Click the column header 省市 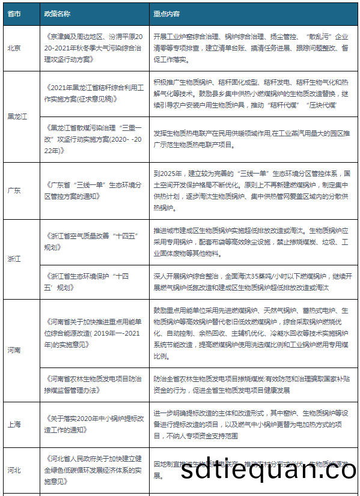[x=14, y=13]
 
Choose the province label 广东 [x=14, y=190]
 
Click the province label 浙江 [x=14, y=259]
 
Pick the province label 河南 [x=14, y=349]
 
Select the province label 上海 [x=14, y=425]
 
